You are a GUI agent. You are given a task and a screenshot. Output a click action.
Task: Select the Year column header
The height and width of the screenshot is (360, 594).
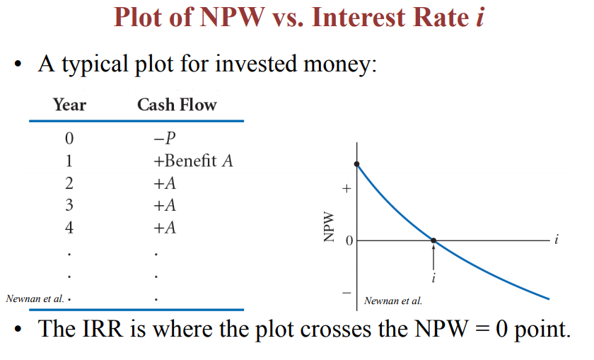(69, 105)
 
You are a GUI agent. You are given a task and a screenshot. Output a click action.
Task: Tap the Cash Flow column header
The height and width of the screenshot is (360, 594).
(177, 105)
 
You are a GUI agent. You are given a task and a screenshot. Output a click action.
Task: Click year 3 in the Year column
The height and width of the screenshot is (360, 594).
(69, 206)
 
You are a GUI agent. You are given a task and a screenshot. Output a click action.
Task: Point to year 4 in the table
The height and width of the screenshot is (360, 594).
(69, 228)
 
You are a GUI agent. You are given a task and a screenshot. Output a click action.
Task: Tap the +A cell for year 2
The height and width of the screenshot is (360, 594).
(164, 184)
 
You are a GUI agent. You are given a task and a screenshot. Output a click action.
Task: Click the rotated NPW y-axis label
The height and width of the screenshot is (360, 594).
(327, 228)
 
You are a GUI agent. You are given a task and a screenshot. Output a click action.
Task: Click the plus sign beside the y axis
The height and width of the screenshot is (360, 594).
(346, 190)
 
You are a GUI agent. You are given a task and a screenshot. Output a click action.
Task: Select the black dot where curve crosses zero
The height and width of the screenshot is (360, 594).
(433, 241)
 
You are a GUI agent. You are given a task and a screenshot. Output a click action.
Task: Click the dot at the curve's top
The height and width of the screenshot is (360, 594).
(358, 164)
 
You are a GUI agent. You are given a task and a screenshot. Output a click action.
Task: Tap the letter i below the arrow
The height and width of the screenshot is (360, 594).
(433, 277)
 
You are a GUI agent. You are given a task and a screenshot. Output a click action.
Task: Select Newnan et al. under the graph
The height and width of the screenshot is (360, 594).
(393, 301)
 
